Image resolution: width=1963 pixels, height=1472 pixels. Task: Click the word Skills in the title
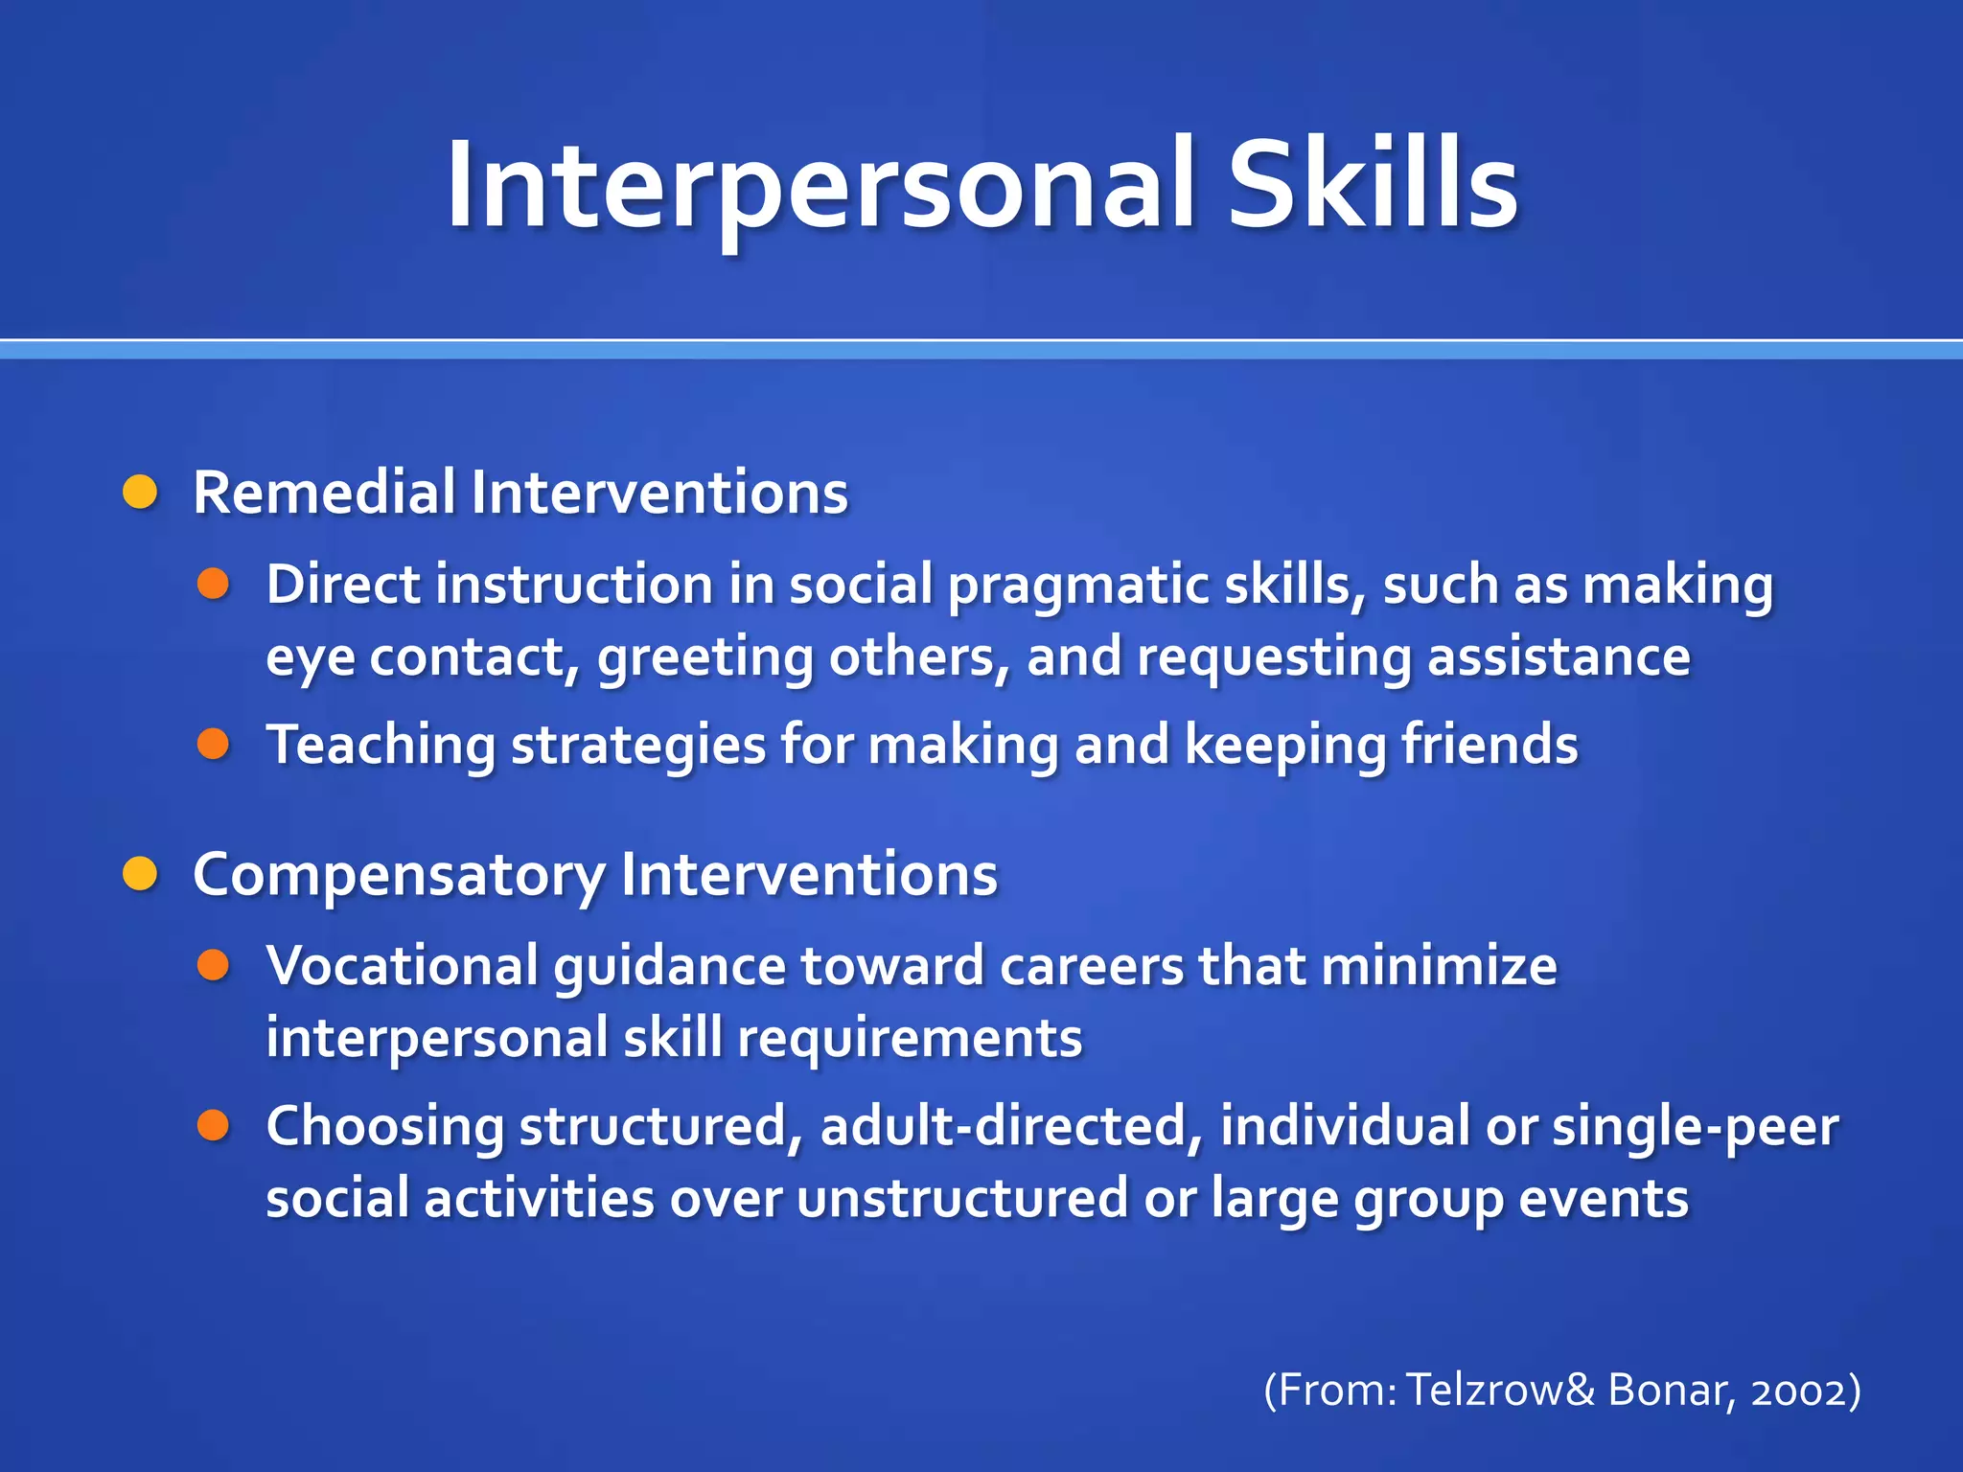pos(1373,184)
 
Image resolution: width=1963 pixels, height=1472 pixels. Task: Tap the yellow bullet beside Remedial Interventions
pos(141,493)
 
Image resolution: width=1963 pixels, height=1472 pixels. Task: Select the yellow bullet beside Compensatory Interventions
pos(141,874)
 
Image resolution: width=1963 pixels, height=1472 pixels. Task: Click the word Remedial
pos(323,493)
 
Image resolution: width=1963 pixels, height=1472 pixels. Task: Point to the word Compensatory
pos(399,876)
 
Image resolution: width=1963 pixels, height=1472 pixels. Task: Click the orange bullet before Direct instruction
pos(213,584)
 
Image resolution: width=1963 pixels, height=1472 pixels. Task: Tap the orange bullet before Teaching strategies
pos(213,744)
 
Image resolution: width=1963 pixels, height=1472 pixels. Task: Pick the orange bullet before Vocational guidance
pos(213,965)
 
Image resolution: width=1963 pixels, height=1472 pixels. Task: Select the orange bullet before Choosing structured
pos(213,1125)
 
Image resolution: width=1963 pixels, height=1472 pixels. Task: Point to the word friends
pos(1490,746)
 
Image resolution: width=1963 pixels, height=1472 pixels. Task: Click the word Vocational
pos(403,965)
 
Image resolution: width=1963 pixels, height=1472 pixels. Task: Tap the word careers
pos(1092,965)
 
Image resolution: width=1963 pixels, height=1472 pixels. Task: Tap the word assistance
pos(1559,657)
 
